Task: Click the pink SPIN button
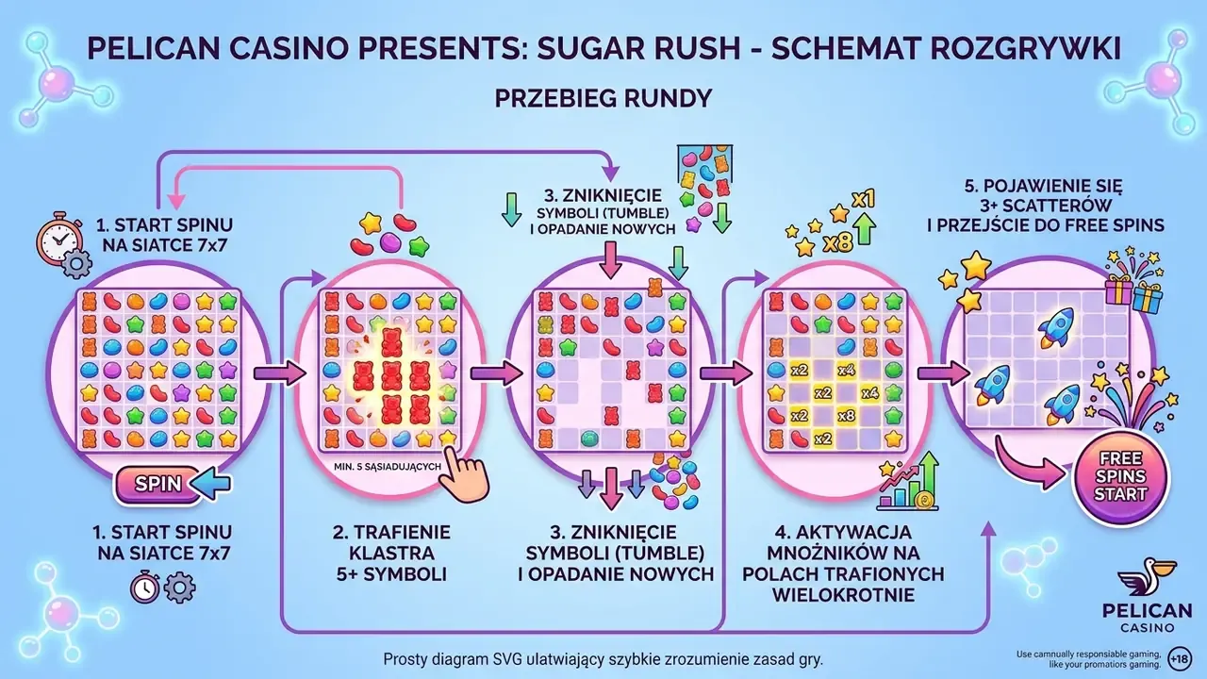pos(157,484)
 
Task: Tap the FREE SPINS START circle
pos(1121,477)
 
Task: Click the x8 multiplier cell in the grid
pos(846,416)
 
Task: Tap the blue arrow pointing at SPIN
pos(210,484)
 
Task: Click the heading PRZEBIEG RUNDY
pos(603,99)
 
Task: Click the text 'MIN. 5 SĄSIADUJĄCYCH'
pos(388,467)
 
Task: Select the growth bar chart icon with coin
pos(907,482)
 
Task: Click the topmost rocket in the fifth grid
pos(1056,326)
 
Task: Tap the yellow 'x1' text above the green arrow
pos(863,200)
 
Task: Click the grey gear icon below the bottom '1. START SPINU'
pos(179,588)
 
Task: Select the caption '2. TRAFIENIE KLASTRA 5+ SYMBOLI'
pos(391,554)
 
